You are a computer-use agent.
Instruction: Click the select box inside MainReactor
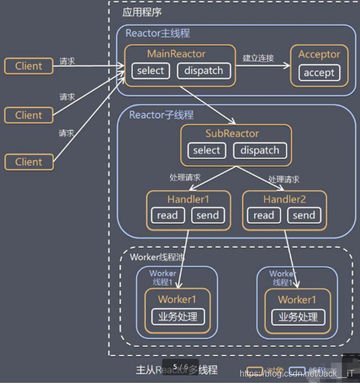tap(150, 71)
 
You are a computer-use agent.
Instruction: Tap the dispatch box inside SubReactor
tap(260, 150)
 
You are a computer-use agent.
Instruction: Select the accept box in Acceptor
tap(319, 73)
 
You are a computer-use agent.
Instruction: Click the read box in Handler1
tap(167, 215)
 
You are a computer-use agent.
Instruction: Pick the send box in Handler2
tap(304, 215)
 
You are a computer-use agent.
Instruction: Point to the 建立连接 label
tap(258, 58)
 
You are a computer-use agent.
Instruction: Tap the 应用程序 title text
tap(142, 12)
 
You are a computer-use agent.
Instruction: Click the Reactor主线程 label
tap(158, 33)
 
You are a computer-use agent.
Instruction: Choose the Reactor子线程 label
tap(161, 115)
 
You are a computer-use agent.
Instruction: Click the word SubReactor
tap(233, 133)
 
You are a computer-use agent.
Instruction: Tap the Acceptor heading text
tap(319, 54)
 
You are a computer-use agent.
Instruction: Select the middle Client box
tap(28, 115)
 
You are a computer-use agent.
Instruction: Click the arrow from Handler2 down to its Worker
tap(288, 257)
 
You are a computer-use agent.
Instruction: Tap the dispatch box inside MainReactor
tap(204, 71)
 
